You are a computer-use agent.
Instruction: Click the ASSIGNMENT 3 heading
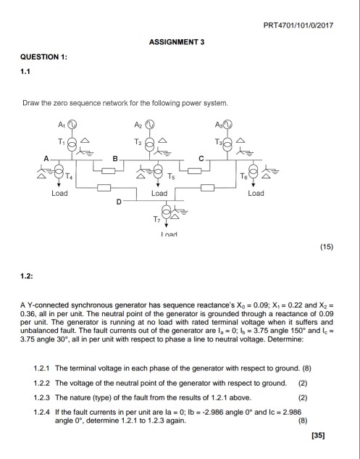(177, 42)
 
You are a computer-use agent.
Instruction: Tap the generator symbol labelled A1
(72, 123)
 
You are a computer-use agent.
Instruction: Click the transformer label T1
(61, 139)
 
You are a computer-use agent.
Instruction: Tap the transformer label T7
(153, 218)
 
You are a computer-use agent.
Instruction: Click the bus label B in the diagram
(114, 158)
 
